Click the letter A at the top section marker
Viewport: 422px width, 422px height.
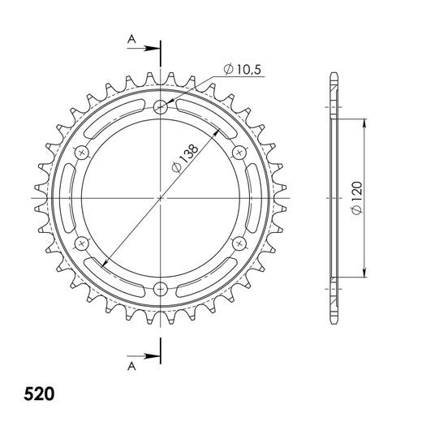pyautogui.click(x=130, y=38)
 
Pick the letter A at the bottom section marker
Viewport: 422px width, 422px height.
pyautogui.click(x=130, y=366)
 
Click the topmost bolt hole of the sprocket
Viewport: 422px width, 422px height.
pyautogui.click(x=161, y=106)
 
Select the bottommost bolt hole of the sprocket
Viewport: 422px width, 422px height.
pyautogui.click(x=161, y=288)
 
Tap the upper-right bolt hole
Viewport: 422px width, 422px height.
pyautogui.click(x=239, y=152)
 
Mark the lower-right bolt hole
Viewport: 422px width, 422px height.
pyautogui.click(x=239, y=243)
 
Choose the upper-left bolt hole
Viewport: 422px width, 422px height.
pyautogui.click(x=82, y=152)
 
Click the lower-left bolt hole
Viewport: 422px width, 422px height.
pyautogui.click(x=82, y=243)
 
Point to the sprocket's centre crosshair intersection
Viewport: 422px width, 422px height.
pyautogui.click(x=161, y=197)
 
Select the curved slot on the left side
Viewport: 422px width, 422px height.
pyautogui.click(x=70, y=197)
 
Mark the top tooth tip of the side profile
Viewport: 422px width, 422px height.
pyautogui.click(x=334, y=75)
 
